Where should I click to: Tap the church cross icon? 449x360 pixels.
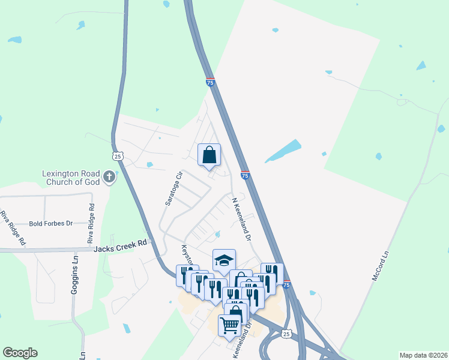[109, 176]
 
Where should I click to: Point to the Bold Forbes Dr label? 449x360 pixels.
[50, 223]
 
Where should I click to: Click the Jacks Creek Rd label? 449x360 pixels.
[121, 245]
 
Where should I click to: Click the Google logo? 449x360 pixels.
[20, 353]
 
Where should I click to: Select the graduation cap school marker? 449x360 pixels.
[224, 260]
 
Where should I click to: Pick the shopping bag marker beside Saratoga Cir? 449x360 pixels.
[209, 155]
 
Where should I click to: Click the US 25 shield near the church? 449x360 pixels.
[118, 156]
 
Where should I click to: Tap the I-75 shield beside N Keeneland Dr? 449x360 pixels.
[245, 175]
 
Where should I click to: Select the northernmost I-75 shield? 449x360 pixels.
[210, 83]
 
